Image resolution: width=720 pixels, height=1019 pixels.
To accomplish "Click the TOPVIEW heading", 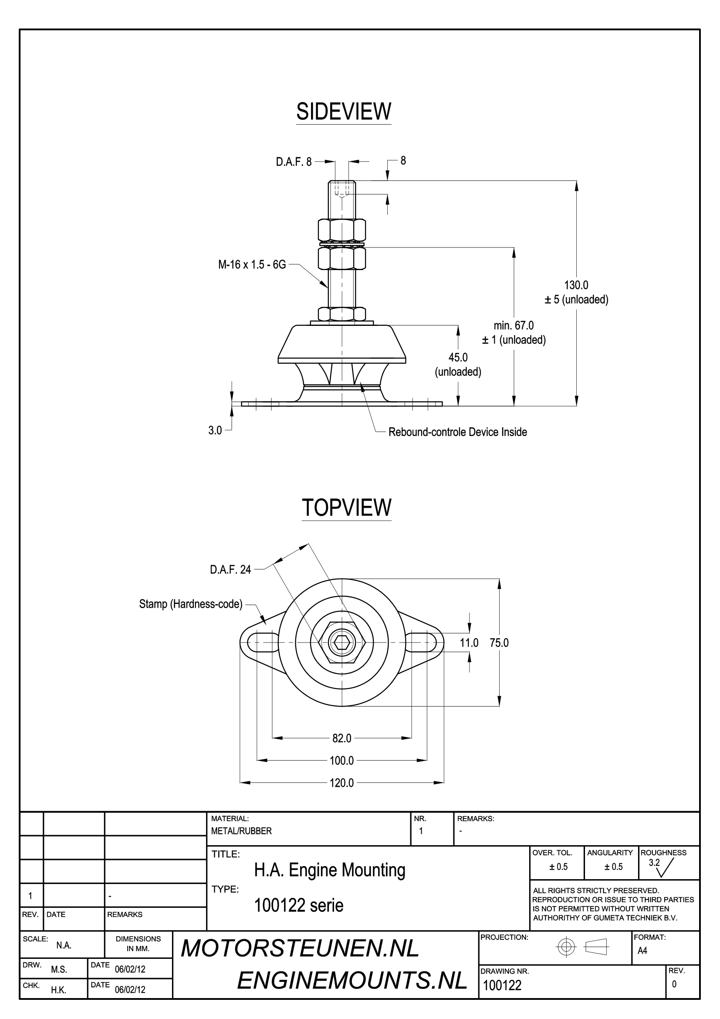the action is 346,507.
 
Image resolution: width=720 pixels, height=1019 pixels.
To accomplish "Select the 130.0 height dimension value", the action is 576,285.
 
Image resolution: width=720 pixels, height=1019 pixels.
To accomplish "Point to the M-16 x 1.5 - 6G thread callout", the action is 252,265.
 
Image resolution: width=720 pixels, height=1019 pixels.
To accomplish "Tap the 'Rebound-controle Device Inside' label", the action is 458,432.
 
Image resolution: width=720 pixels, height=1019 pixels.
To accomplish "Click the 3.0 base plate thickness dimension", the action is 215,430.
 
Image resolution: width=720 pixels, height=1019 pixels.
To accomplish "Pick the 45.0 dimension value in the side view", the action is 458,357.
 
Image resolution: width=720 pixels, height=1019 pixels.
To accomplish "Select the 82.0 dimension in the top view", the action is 341,738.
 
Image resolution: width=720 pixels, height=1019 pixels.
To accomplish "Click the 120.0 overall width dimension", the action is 341,783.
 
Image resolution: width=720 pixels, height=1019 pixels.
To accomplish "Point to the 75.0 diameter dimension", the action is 499,643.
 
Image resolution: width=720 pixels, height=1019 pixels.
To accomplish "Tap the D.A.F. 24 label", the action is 230,569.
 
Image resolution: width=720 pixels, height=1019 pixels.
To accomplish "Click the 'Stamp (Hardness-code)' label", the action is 191,604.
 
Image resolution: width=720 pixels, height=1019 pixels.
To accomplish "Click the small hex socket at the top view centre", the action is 341,642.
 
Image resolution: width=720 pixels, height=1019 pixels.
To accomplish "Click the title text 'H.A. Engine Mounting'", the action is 330,870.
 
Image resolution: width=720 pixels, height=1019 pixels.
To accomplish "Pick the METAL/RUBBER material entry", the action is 241,831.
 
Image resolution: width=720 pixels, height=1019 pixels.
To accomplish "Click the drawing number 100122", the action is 502,985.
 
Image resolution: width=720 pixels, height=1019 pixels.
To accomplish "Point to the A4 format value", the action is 642,951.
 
